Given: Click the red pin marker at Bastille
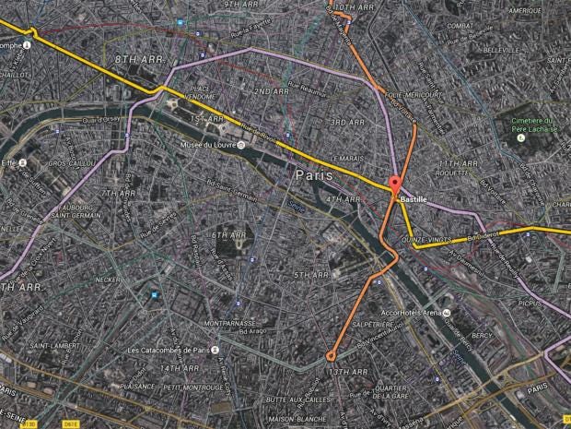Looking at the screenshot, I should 395,184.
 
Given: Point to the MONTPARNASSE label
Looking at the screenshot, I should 227,324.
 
